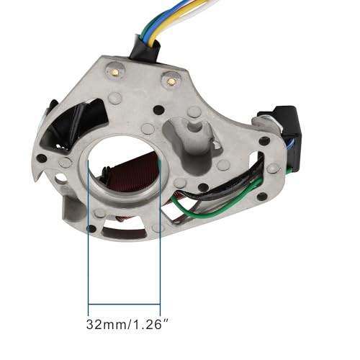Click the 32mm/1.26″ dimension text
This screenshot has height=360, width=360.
coord(127,325)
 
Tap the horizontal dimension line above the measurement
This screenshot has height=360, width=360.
coord(124,304)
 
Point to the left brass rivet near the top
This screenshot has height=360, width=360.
coord(115,71)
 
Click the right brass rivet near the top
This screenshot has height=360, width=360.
coord(171,81)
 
